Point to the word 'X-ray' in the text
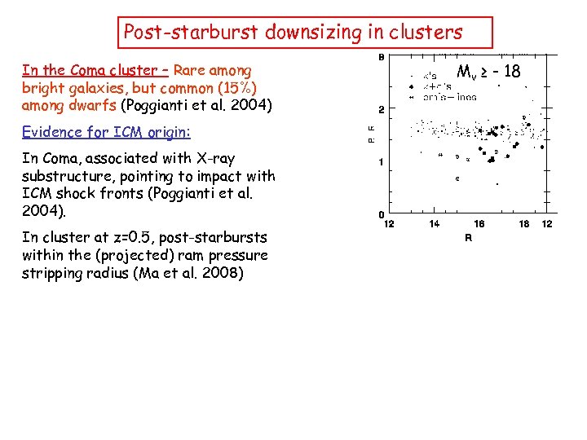(x=214, y=158)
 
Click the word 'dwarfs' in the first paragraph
(x=93, y=105)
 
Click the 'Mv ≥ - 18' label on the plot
(x=488, y=72)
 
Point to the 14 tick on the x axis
(x=435, y=224)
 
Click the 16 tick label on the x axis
(x=479, y=224)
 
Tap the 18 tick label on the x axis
(x=524, y=224)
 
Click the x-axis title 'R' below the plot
(x=468, y=239)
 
